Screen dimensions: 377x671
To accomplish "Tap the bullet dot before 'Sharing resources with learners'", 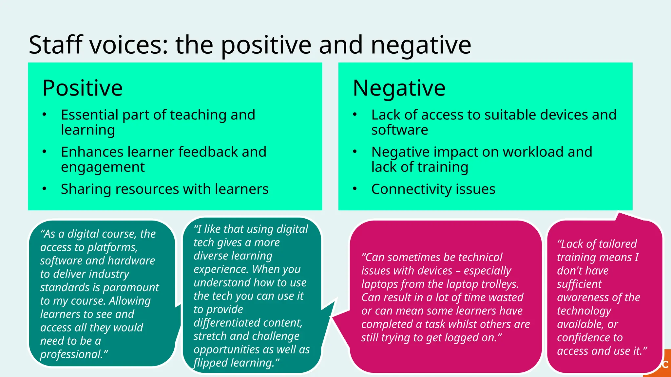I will (x=45, y=189).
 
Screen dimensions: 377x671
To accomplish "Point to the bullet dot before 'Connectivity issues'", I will (x=355, y=189).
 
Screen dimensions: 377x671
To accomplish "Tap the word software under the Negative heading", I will (x=399, y=130).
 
